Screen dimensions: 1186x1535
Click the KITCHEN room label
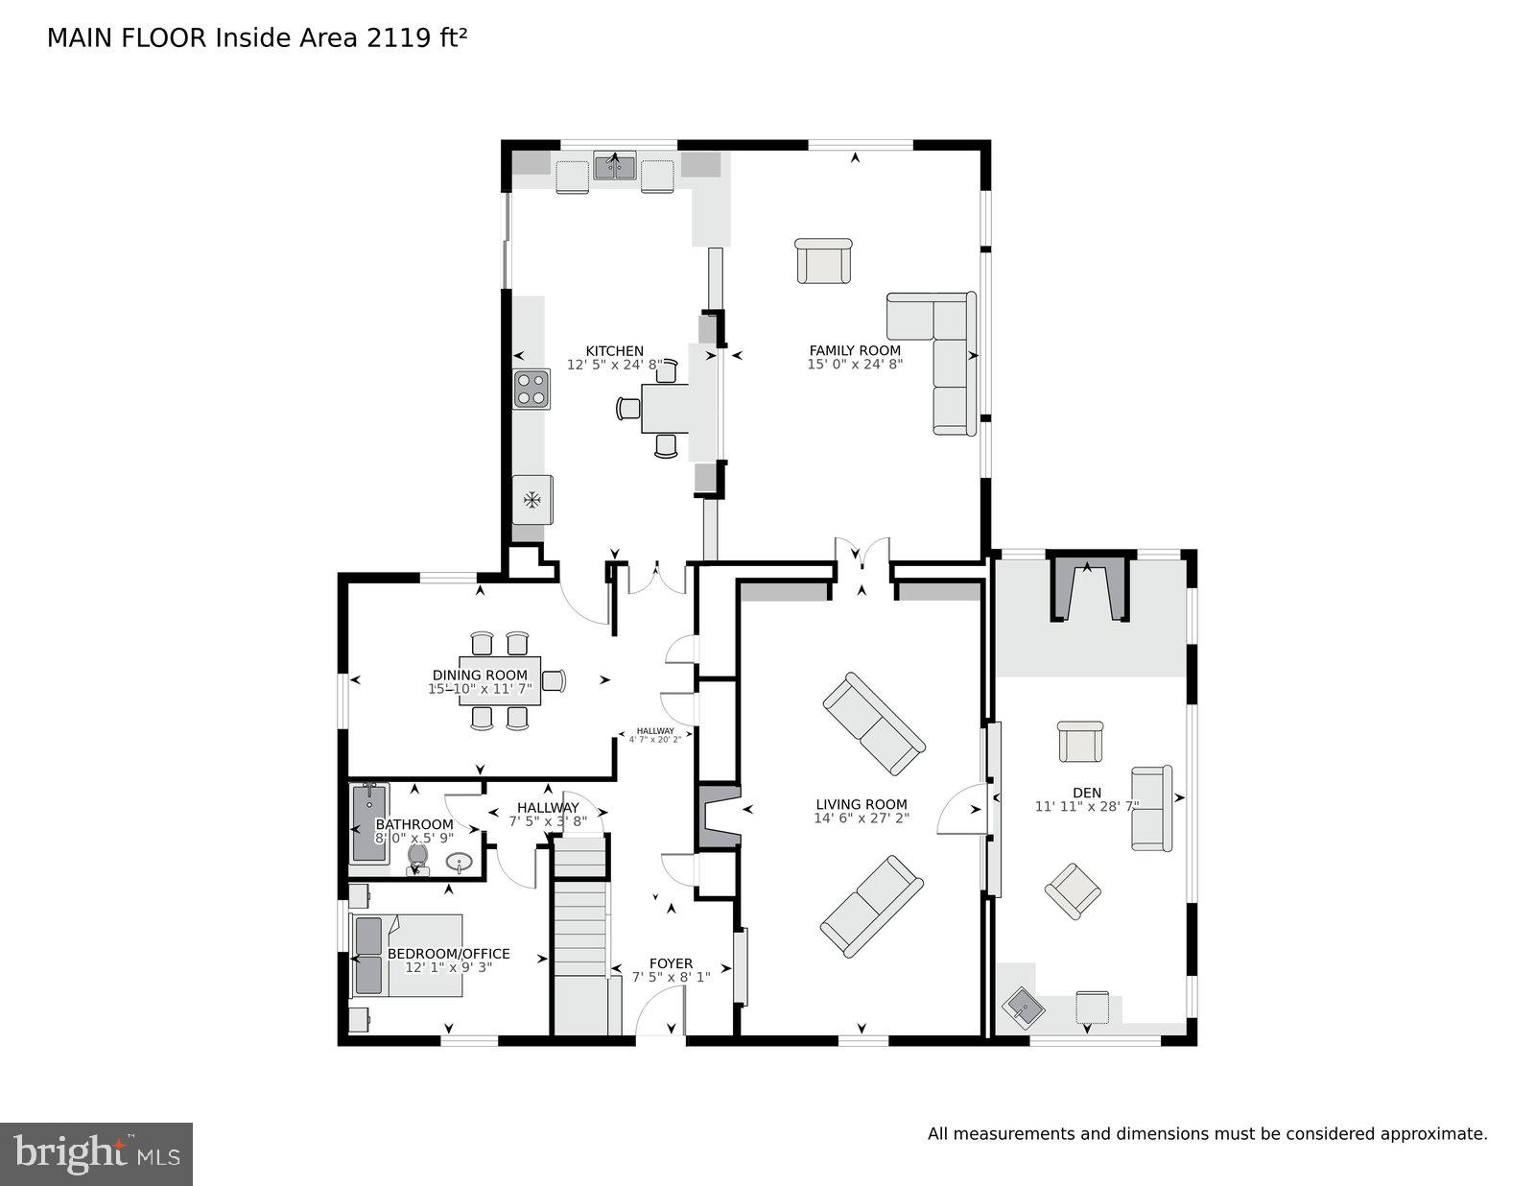pyautogui.click(x=615, y=351)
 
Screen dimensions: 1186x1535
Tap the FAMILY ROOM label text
pyautogui.click(x=855, y=350)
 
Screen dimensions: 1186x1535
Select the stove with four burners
pyautogui.click(x=531, y=389)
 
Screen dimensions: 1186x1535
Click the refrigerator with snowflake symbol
pyautogui.click(x=531, y=499)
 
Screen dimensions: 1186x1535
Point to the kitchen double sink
pyautogui.click(x=614, y=168)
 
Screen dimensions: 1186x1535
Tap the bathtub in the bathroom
pyautogui.click(x=369, y=823)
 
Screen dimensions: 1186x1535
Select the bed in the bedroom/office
pyautogui.click(x=408, y=955)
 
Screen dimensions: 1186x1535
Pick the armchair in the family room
pyautogui.click(x=823, y=261)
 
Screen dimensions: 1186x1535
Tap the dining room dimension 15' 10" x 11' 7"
pyautogui.click(x=480, y=689)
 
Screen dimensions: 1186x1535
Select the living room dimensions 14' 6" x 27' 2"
pyautogui.click(x=861, y=818)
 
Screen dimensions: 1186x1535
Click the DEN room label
pyautogui.click(x=1087, y=793)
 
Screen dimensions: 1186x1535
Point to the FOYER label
pyautogui.click(x=671, y=963)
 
